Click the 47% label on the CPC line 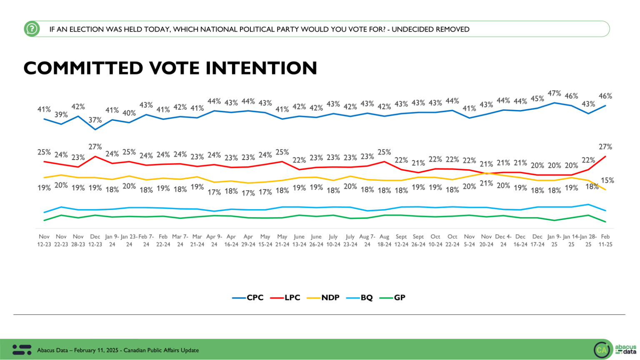(x=554, y=94)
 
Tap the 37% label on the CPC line (x=95, y=120)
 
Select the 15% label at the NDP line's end (x=607, y=180)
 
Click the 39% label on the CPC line (x=61, y=115)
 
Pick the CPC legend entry (x=248, y=297)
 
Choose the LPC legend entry (x=285, y=297)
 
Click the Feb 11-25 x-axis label (x=605, y=240)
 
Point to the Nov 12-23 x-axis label (x=44, y=240)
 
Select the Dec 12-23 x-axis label (x=95, y=240)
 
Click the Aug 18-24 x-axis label (x=384, y=240)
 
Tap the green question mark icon (x=32, y=29)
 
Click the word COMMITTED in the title (x=83, y=68)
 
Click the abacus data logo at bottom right (x=615, y=349)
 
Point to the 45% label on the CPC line (x=537, y=99)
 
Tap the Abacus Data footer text (x=118, y=350)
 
